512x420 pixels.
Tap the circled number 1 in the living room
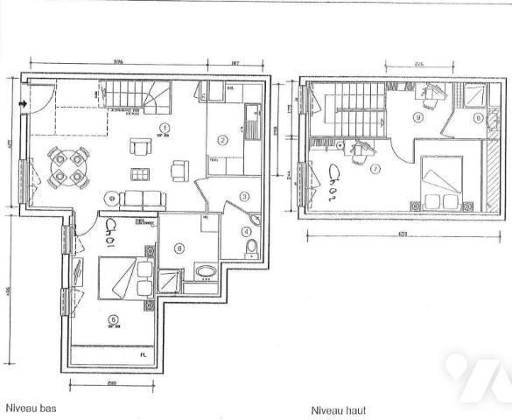pyautogui.click(x=164, y=129)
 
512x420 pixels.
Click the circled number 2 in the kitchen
pyautogui.click(x=223, y=139)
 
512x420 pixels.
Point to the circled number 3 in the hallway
pyautogui.click(x=245, y=197)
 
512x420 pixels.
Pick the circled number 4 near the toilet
pyautogui.click(x=247, y=232)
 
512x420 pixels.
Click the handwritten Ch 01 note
pyautogui.click(x=110, y=233)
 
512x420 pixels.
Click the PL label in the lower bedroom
pyautogui.click(x=143, y=354)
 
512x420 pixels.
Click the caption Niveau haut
pyautogui.click(x=338, y=409)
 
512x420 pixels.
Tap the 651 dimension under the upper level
pyautogui.click(x=401, y=234)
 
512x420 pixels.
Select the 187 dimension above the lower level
pyautogui.click(x=235, y=62)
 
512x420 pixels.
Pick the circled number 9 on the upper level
pyautogui.click(x=418, y=116)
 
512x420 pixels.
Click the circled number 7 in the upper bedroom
pyautogui.click(x=374, y=169)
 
